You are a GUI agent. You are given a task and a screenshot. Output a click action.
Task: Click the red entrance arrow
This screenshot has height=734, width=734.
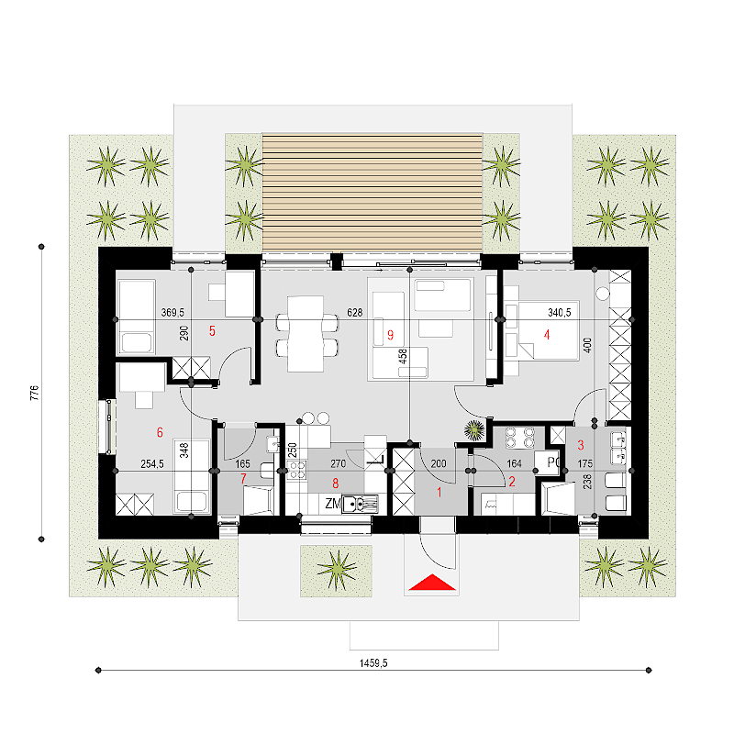[x=432, y=583]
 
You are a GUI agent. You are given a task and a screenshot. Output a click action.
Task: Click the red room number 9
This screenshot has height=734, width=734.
[x=391, y=335]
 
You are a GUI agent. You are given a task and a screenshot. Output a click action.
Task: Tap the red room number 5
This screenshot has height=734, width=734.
[x=212, y=331]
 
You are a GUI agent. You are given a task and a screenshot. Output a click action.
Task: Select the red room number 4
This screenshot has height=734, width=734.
[x=546, y=335]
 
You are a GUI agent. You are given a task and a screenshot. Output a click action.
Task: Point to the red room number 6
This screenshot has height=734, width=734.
[x=160, y=432]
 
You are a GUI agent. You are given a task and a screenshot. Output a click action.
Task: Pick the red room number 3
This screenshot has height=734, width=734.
[x=581, y=445]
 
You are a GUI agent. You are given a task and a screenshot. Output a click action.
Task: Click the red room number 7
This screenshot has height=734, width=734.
[x=243, y=478]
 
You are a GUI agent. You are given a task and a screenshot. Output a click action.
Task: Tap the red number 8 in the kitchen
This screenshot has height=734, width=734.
[x=335, y=484]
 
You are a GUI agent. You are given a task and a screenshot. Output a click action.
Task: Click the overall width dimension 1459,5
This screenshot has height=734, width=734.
[x=373, y=662]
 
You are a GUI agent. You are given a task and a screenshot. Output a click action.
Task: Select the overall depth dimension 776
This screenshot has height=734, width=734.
[x=34, y=393]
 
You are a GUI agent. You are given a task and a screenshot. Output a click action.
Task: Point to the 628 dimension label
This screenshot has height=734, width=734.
[x=355, y=312]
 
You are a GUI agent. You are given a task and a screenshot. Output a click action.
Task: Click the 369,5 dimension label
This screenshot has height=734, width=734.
[x=172, y=312]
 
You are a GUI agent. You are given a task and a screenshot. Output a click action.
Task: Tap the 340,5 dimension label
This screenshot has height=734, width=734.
[x=560, y=312]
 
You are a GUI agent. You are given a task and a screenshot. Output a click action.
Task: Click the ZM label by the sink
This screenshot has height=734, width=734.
[x=333, y=503]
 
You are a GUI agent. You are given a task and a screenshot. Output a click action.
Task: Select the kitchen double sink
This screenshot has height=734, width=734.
[x=360, y=504]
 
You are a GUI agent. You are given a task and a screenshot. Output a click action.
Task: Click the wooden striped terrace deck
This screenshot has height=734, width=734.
[x=373, y=193]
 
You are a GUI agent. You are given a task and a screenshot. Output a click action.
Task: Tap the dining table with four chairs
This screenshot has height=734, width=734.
[x=306, y=334]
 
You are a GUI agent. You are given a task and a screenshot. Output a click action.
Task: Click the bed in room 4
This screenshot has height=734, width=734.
[x=548, y=330]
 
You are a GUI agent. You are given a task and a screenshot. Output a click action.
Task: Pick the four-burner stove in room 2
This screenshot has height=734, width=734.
[x=519, y=438]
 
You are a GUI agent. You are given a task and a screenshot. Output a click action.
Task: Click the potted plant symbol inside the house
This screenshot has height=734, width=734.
[x=474, y=430]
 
